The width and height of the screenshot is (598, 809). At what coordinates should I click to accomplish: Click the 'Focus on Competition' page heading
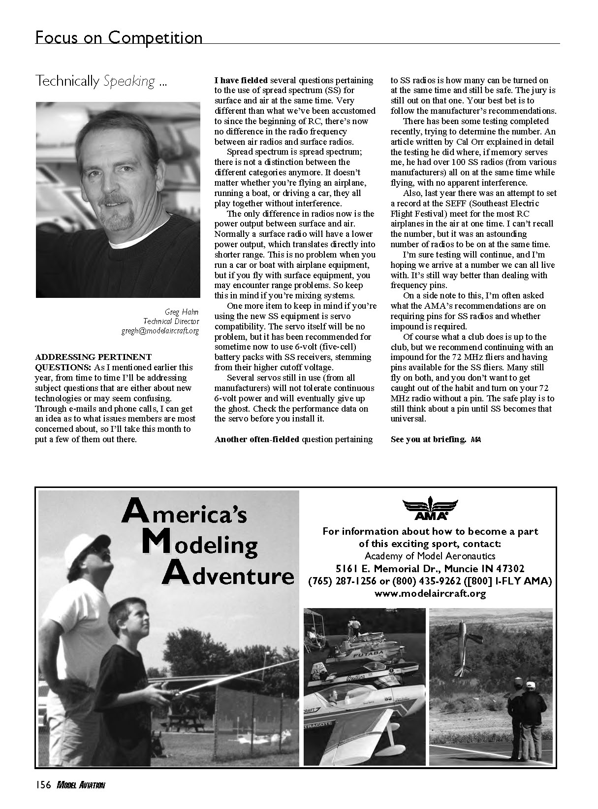point(119,37)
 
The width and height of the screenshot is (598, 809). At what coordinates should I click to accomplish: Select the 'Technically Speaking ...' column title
point(101,81)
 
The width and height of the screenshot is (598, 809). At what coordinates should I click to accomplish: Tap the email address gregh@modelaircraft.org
point(160,331)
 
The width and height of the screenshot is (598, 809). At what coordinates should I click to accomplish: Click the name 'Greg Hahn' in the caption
point(182,311)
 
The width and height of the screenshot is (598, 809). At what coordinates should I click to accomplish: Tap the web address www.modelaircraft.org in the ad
point(430,593)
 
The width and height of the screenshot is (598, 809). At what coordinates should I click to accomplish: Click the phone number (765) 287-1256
point(340,581)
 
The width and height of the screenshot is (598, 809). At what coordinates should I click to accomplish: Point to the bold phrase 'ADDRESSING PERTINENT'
point(93,356)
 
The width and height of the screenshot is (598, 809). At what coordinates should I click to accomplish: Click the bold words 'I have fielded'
point(241,80)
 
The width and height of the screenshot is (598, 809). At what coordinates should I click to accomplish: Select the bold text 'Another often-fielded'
point(256,439)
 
